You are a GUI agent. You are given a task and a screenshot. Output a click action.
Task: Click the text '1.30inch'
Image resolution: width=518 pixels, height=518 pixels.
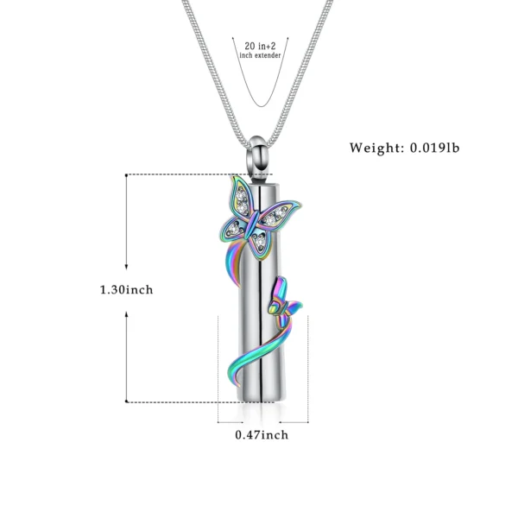coord(126,289)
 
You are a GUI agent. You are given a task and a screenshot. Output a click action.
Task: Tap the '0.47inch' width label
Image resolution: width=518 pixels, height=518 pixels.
coord(262,434)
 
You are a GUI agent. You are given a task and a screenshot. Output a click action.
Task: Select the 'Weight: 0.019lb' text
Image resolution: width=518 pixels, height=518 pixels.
coord(405,148)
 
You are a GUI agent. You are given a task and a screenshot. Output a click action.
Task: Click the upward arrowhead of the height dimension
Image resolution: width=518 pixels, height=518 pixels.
coord(127,180)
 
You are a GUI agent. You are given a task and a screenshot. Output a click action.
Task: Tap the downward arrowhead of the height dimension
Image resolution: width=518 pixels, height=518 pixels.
coord(127,398)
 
